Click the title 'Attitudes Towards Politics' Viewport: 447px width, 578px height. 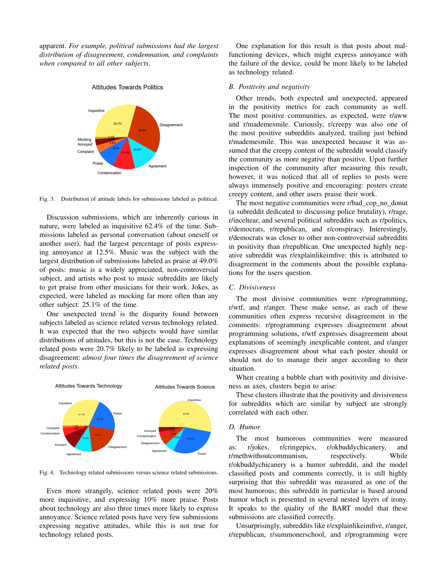click(x=127, y=87)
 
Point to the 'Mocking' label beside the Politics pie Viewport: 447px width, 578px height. click(x=84, y=140)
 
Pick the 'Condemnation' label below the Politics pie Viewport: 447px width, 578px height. click(x=109, y=173)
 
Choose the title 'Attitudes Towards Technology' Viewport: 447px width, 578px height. click(x=88, y=386)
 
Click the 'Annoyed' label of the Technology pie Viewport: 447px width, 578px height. click(x=60, y=445)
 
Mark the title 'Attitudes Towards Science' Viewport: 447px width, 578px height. click(x=185, y=387)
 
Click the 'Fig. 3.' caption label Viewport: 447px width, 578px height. click(x=47, y=199)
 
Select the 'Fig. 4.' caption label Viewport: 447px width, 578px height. click(x=47, y=473)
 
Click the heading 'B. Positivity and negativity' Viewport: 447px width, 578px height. click(x=269, y=87)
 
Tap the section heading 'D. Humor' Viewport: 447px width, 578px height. click(x=244, y=427)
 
